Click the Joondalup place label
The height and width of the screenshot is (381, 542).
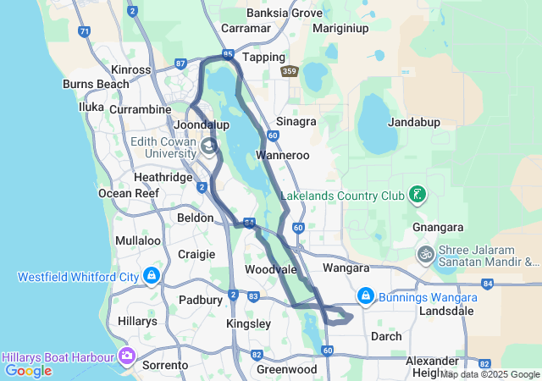tap(202, 125)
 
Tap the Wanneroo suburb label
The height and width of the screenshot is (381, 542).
tap(284, 156)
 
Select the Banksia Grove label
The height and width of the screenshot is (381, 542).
tap(285, 14)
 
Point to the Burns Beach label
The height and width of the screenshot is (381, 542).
tap(96, 84)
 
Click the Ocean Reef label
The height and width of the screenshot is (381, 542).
tap(129, 193)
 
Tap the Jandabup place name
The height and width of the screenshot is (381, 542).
tap(414, 122)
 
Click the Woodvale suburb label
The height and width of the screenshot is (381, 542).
tap(270, 269)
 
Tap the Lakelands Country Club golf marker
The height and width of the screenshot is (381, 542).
tap(417, 196)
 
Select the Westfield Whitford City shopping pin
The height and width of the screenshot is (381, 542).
tap(152, 276)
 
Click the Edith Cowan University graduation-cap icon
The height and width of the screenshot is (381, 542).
tap(207, 147)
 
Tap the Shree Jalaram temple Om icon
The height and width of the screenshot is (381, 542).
tap(425, 253)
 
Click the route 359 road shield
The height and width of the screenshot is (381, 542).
tap(290, 72)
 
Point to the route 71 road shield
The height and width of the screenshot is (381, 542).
tap(83, 31)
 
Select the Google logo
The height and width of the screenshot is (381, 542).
tap(28, 371)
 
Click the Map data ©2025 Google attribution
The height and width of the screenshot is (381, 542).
tap(489, 374)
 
